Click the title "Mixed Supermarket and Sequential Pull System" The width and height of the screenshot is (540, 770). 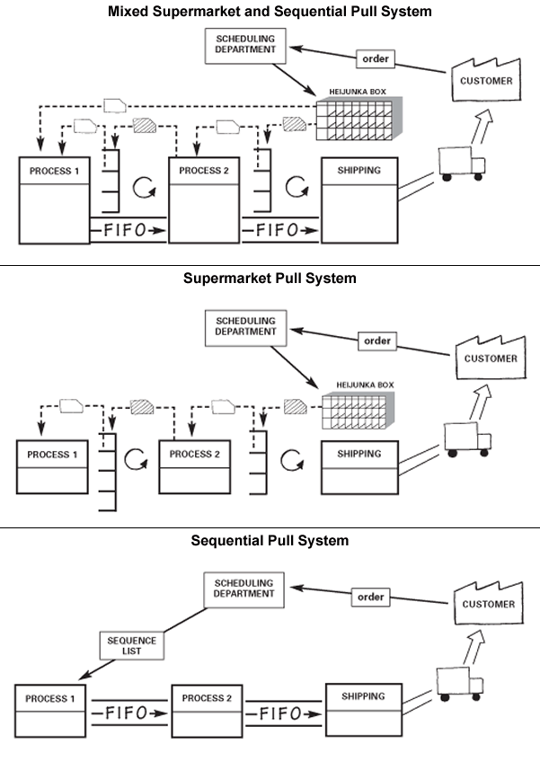(x=270, y=12)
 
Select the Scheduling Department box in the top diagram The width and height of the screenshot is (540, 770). (x=243, y=46)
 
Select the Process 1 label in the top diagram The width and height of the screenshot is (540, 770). (x=55, y=171)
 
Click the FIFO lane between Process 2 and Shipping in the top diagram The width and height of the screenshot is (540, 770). (x=280, y=230)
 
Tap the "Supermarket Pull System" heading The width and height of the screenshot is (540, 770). (x=270, y=279)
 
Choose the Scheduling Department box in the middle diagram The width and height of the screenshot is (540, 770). (x=245, y=324)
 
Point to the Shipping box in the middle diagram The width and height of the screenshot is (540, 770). (x=359, y=466)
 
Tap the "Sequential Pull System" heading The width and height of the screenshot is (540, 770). (x=270, y=541)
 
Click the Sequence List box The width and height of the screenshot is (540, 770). (x=132, y=645)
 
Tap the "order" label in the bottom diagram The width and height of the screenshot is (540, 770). (x=371, y=597)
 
